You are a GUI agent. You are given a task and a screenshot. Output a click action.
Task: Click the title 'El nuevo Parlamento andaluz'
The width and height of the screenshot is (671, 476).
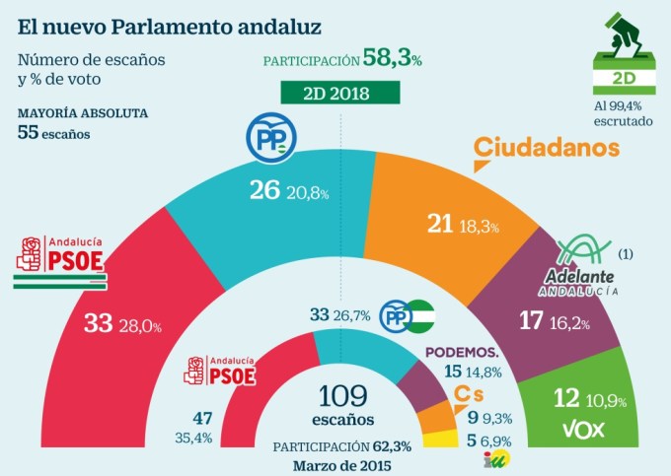pyautogui.click(x=134, y=21)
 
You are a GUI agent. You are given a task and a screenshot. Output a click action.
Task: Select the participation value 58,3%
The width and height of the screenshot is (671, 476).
pyautogui.click(x=392, y=59)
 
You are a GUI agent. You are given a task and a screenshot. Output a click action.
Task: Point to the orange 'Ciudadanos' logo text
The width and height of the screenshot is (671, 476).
pyautogui.click(x=547, y=148)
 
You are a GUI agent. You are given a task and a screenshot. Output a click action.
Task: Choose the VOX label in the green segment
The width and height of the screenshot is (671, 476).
pyautogui.click(x=582, y=430)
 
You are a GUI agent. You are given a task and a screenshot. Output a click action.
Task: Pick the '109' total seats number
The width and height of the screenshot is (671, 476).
pyautogui.click(x=344, y=396)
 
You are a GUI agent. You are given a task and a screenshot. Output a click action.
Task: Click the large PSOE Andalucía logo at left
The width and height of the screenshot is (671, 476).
pyautogui.click(x=60, y=261)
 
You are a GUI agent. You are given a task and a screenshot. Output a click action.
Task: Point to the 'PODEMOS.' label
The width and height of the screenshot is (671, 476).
pyautogui.click(x=461, y=352)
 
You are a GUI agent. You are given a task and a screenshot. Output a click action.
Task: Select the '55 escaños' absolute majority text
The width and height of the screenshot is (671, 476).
pyautogui.click(x=54, y=133)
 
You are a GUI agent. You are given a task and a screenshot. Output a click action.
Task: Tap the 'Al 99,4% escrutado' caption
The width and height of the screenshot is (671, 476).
pyautogui.click(x=623, y=112)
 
